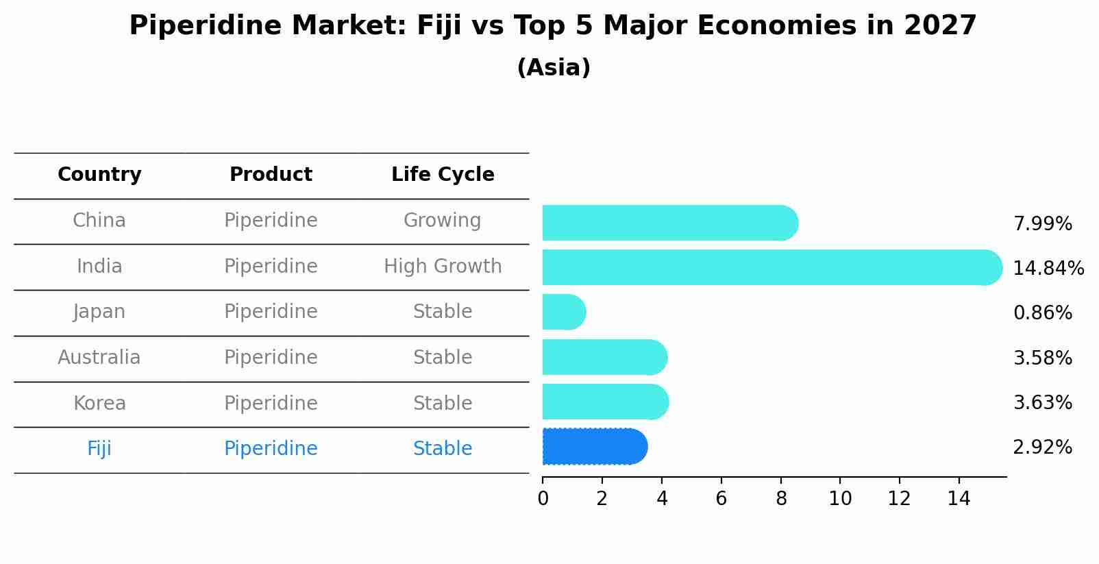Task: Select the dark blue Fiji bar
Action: [593, 447]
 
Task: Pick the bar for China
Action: [669, 223]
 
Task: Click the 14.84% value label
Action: [1048, 268]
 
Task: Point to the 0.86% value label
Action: [1042, 313]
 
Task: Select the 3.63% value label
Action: [1042, 402]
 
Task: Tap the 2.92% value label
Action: [1042, 447]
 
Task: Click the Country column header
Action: [99, 175]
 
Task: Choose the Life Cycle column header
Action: [443, 175]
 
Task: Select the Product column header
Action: [271, 175]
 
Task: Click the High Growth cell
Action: [443, 266]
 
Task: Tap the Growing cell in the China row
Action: [442, 221]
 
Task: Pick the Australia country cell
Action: [99, 358]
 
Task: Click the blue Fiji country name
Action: [99, 449]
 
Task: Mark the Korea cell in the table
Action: [99, 403]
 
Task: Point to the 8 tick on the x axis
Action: [780, 499]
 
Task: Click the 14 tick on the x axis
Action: [959, 499]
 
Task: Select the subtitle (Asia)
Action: [554, 68]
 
